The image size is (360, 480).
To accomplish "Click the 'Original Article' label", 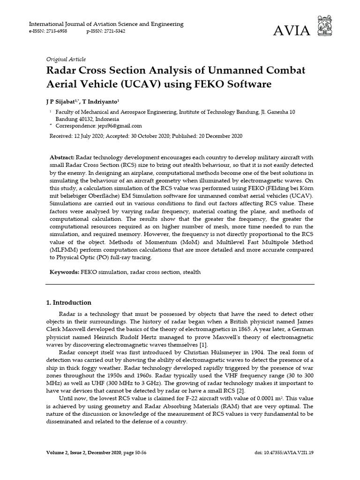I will pyautogui.click(x=66, y=59).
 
